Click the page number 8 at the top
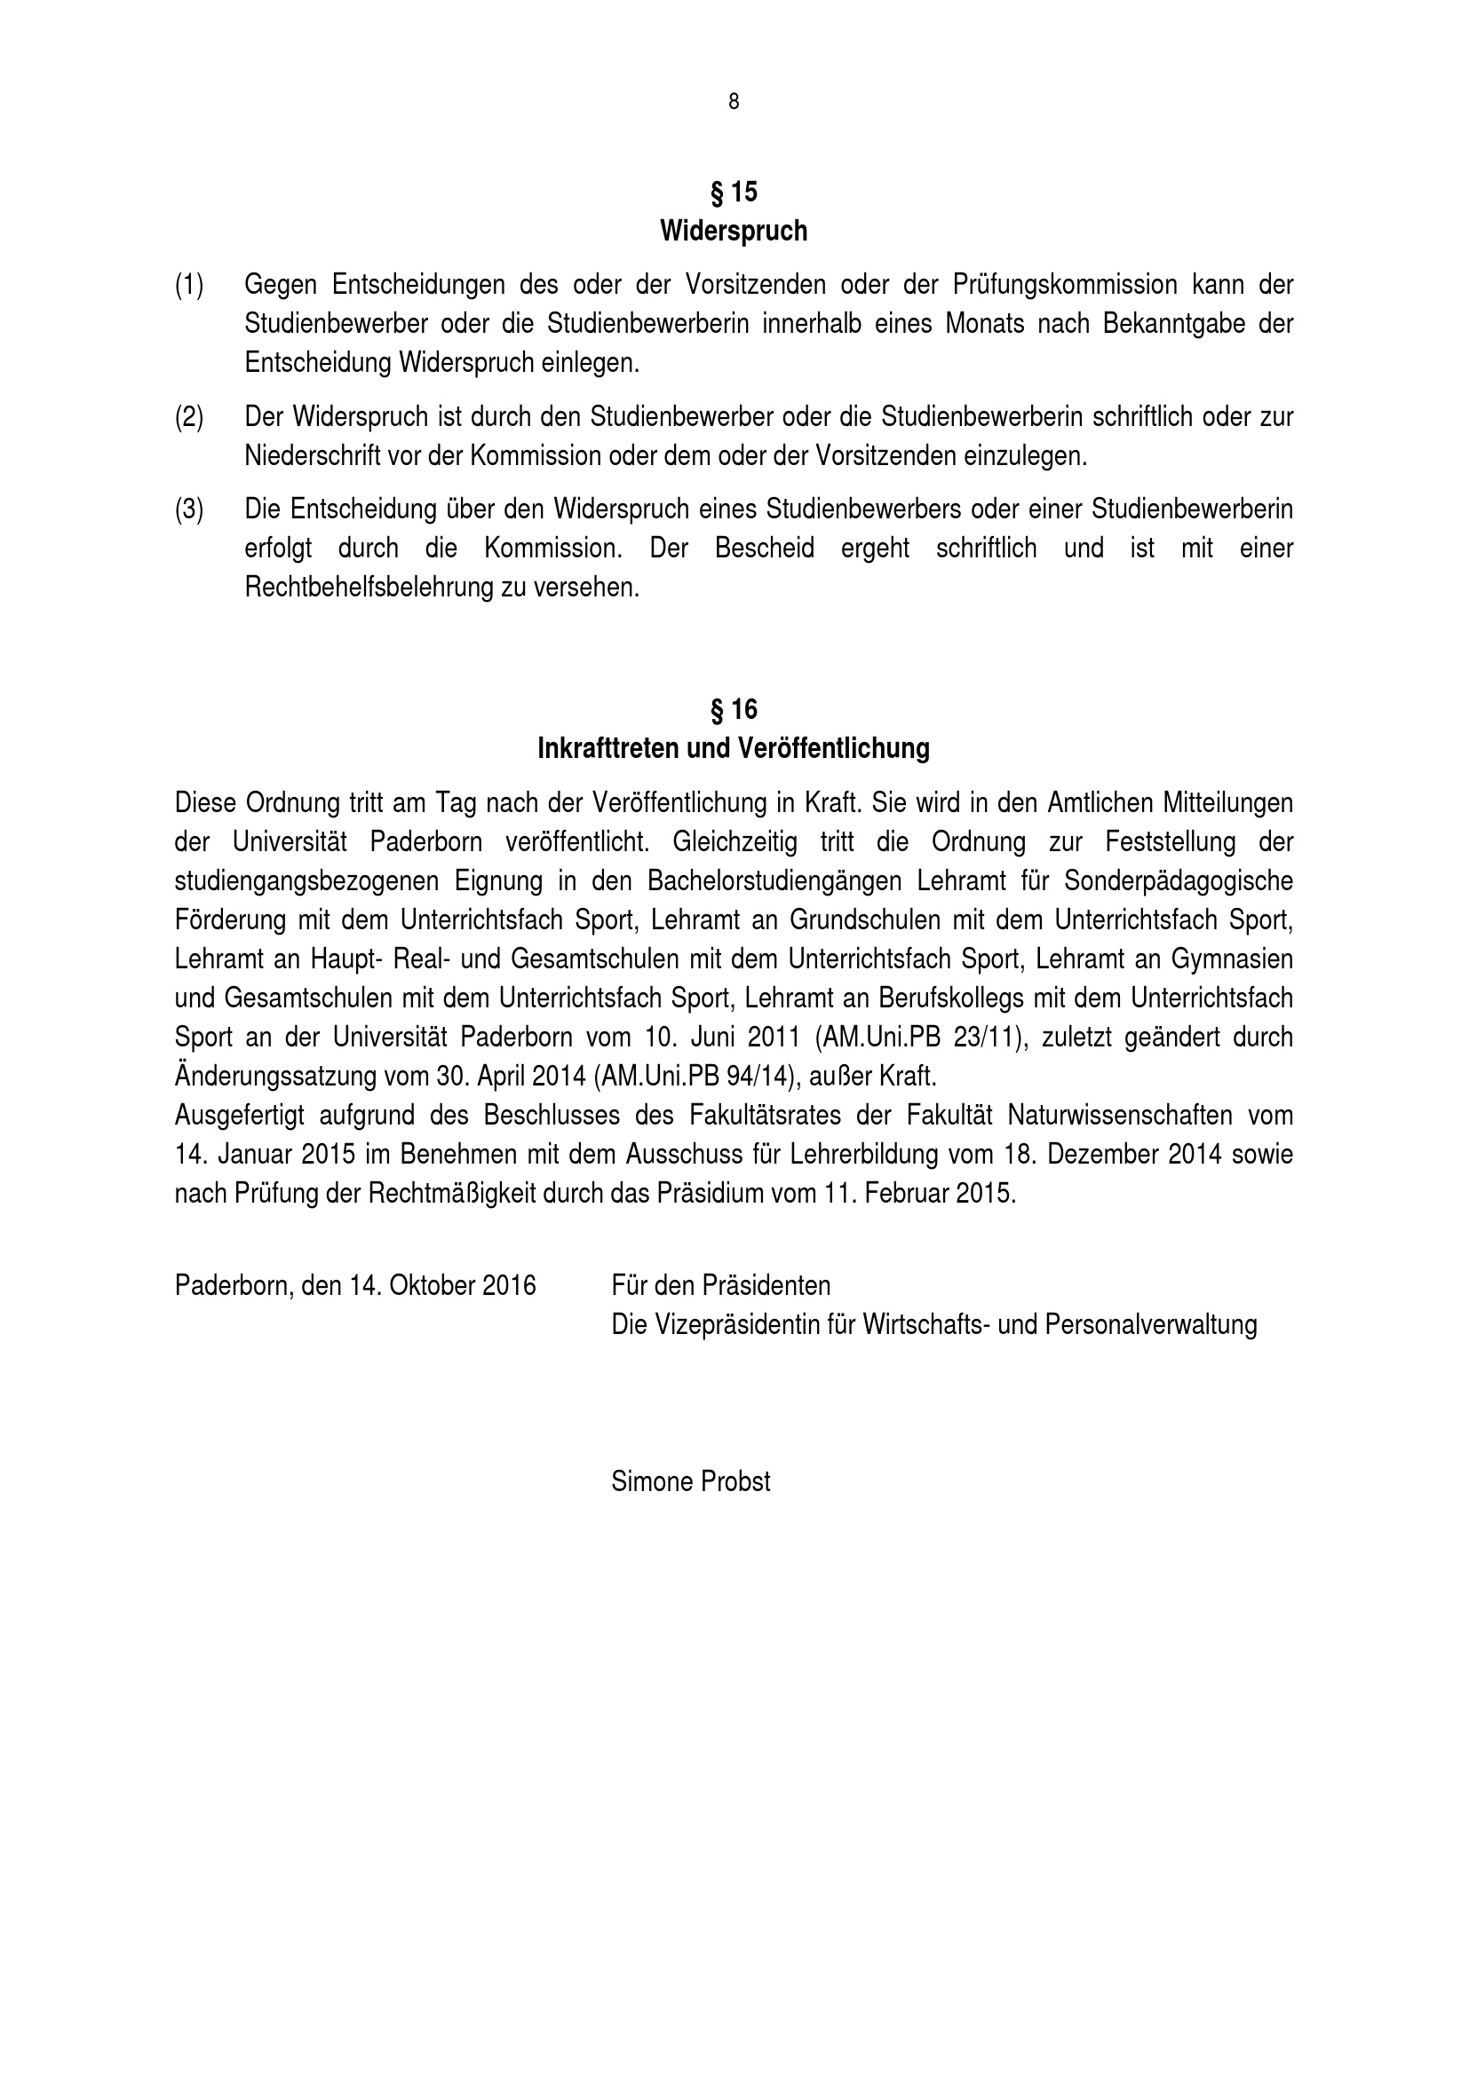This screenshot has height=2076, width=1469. tap(734, 102)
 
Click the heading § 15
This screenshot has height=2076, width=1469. tap(734, 192)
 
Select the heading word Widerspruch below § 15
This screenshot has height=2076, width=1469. tap(734, 232)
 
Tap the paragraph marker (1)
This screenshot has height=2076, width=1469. tap(189, 285)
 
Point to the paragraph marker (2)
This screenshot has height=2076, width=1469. tap(189, 417)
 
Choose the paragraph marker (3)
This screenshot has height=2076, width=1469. tap(189, 509)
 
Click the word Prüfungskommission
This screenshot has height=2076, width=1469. tap(1065, 285)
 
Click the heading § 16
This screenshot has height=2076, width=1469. tap(734, 710)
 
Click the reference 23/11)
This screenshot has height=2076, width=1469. tap(990, 1037)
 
